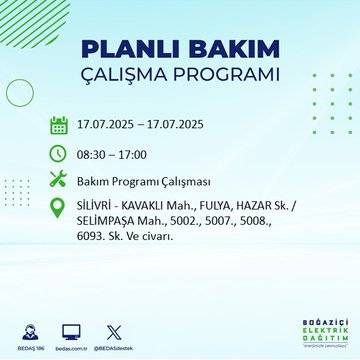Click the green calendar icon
(x=60, y=126)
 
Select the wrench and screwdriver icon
(x=60, y=180)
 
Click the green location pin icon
(x=60, y=210)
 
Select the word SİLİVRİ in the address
(x=97, y=203)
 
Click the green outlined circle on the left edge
(x=19, y=92)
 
